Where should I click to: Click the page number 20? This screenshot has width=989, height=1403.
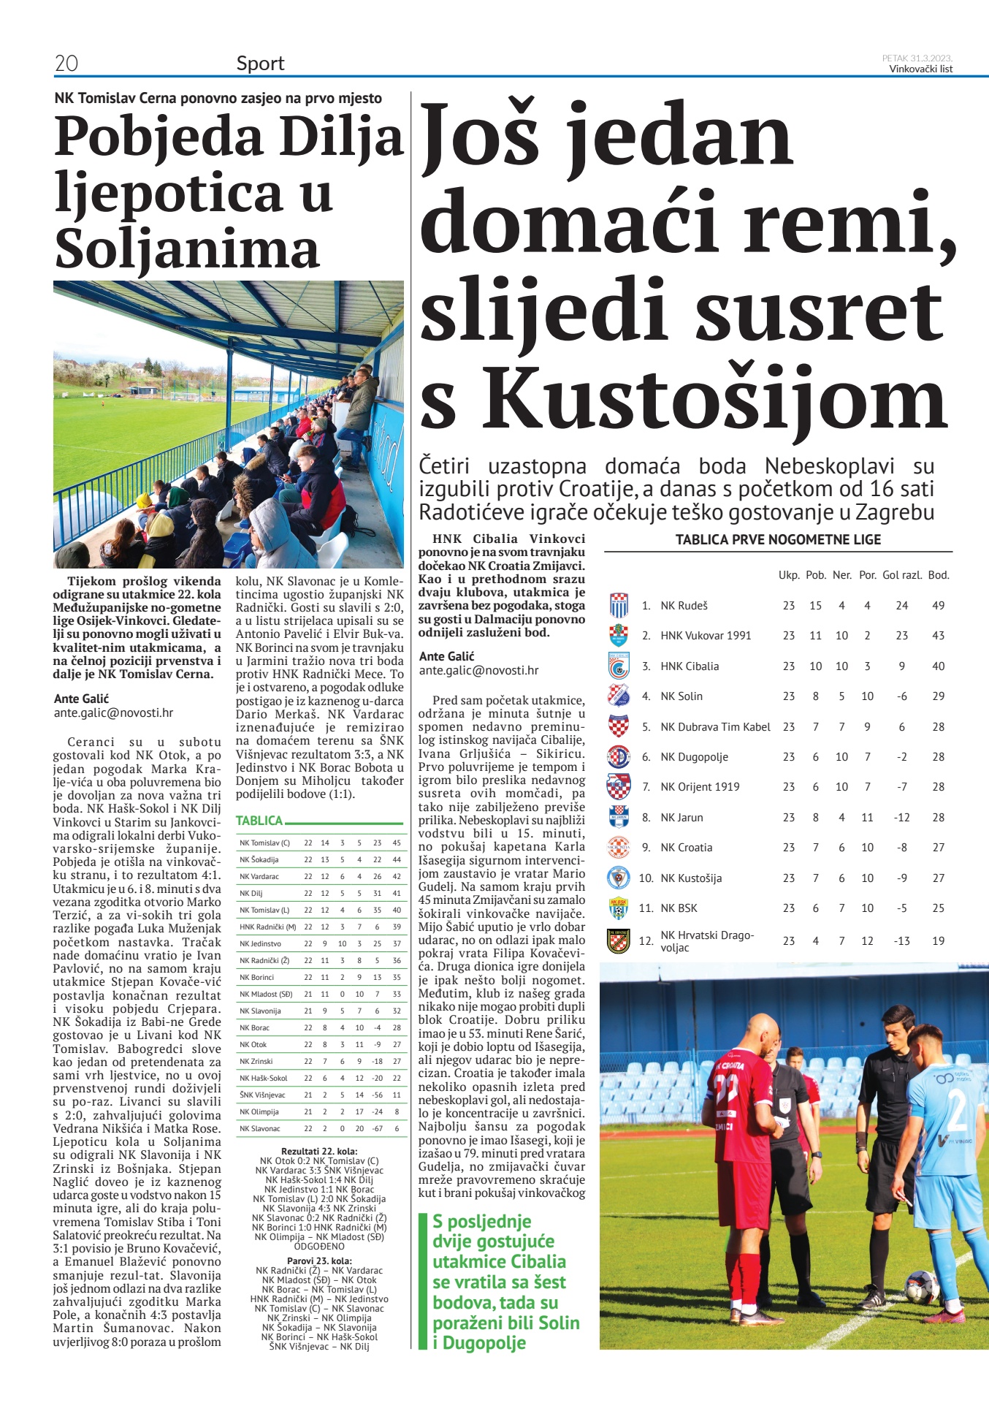tap(66, 64)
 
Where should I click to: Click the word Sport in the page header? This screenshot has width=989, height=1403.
tap(260, 64)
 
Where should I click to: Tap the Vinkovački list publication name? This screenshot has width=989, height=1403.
tap(920, 69)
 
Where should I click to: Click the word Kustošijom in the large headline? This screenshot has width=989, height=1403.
tap(714, 401)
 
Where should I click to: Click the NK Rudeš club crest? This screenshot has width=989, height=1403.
tap(619, 606)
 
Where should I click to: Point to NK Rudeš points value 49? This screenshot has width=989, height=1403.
tap(938, 606)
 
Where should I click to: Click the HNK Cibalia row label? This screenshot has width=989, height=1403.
tap(690, 666)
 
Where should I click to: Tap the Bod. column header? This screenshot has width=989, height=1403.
tap(939, 575)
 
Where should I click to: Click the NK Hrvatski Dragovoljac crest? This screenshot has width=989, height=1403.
tap(619, 940)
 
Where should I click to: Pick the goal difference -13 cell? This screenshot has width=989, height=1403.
tap(902, 941)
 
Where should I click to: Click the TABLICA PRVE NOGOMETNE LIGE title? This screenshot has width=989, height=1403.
tap(778, 540)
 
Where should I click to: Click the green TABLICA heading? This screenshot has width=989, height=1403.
tap(259, 821)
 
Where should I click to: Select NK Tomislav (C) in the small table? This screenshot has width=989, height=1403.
tap(264, 843)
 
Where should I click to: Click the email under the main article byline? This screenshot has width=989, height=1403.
tap(478, 670)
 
